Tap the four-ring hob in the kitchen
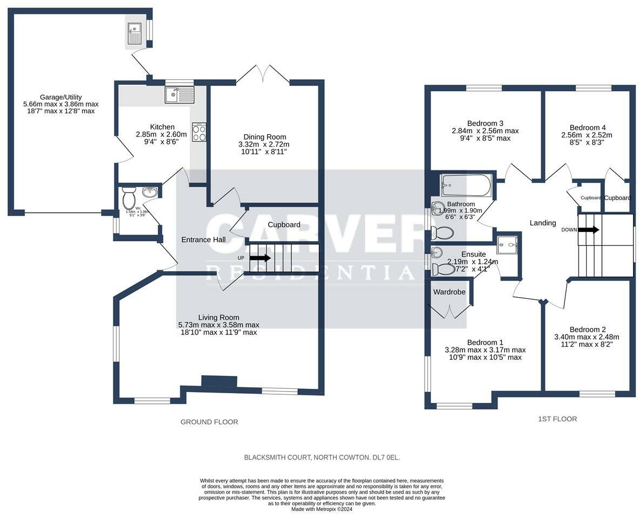coord(199,132)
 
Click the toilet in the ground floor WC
coord(129,198)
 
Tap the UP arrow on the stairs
coord(260,258)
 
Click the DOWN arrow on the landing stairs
coord(588,230)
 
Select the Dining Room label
coord(264,137)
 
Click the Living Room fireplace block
coord(219,381)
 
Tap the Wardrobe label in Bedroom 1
coord(449,292)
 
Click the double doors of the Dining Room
coord(263,74)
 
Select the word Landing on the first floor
coord(542,223)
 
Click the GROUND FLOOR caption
coord(209,422)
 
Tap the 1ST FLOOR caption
coord(557,419)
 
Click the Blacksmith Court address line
coord(322,457)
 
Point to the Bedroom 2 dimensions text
coord(587,341)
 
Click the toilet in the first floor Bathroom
coord(442,233)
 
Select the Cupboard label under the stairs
coord(284,225)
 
